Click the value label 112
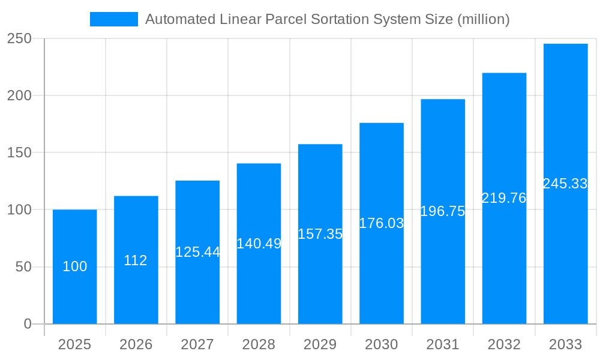(x=136, y=260)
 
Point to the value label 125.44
(x=197, y=252)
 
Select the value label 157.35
(x=320, y=234)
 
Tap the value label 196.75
(x=443, y=211)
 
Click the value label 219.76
(x=504, y=198)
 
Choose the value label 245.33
(x=565, y=184)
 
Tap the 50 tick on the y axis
(x=23, y=267)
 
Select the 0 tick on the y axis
(x=28, y=324)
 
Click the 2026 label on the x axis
(x=136, y=344)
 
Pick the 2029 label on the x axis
(x=320, y=344)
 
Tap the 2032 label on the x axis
(x=504, y=344)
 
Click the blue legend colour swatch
(x=114, y=19)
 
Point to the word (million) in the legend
(x=483, y=19)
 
